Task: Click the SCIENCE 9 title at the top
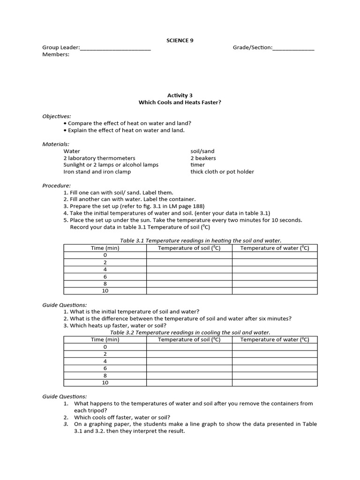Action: coord(180,40)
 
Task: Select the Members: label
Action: coord(56,54)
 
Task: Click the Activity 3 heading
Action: coord(180,95)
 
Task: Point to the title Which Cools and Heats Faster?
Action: coord(180,102)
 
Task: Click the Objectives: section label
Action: coord(57,116)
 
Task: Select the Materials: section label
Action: coord(56,144)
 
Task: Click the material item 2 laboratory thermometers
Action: coord(99,158)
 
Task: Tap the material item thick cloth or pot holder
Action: coord(222,172)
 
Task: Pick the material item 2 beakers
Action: coord(203,158)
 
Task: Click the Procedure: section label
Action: coord(57,185)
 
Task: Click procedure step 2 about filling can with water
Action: coord(129,199)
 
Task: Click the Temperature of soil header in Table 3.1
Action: coord(189,248)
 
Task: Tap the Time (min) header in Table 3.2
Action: coord(105,339)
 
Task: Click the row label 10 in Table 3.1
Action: coord(105,291)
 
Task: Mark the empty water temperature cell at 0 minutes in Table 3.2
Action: coord(275,347)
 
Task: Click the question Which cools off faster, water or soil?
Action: coord(122,417)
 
